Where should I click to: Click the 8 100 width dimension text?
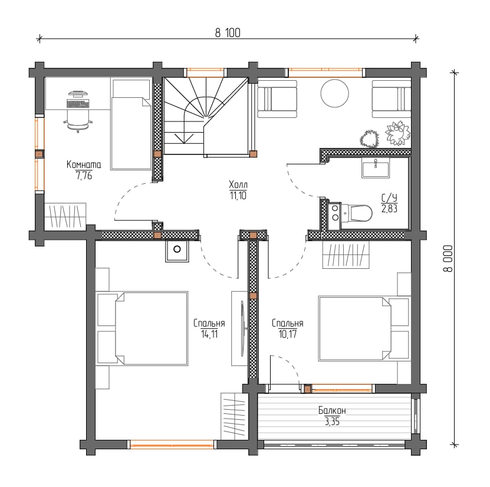pyautogui.click(x=228, y=33)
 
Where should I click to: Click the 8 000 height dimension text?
pyautogui.click(x=448, y=258)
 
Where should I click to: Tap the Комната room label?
pyautogui.click(x=84, y=164)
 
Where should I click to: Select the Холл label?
pyautogui.click(x=238, y=185)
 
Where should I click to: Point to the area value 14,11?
pyautogui.click(x=209, y=334)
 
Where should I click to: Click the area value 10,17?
pyautogui.click(x=288, y=334)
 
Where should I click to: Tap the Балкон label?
pyautogui.click(x=332, y=410)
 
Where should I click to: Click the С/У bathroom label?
pyautogui.click(x=389, y=198)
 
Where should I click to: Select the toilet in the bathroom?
pyautogui.click(x=357, y=213)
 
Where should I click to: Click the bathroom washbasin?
pyautogui.click(x=376, y=168)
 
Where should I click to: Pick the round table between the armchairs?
pyautogui.click(x=335, y=93)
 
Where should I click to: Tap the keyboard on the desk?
pyautogui.click(x=78, y=103)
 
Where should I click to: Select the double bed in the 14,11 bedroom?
pyautogui.click(x=142, y=328)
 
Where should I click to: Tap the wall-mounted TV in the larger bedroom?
pyautogui.click(x=242, y=328)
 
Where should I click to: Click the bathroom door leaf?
pyautogui.click(x=304, y=163)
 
